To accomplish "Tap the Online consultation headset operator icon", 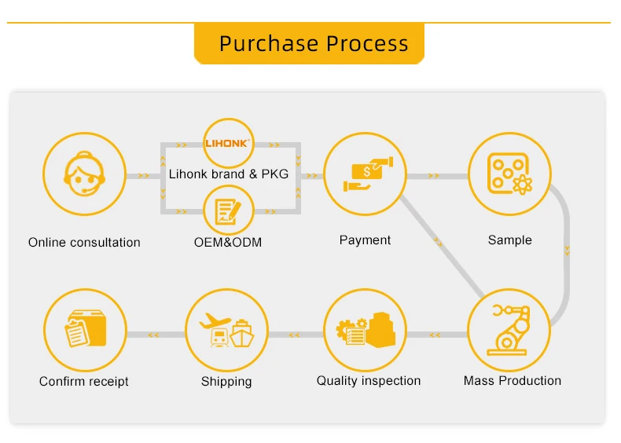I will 84,175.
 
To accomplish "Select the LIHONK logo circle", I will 228,143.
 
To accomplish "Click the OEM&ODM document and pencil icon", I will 228,211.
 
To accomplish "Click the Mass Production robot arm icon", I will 509,329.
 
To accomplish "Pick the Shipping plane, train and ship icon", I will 226,330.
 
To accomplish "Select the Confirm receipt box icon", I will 85,330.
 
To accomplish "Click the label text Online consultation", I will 84,243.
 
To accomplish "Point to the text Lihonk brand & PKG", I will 229,174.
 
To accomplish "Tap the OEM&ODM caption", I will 228,243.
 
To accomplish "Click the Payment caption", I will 365,240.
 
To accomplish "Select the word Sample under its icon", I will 509,240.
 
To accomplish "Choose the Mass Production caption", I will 513,381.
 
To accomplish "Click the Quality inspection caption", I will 369,381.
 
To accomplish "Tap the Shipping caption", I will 226,382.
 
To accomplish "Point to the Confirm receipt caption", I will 84,382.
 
